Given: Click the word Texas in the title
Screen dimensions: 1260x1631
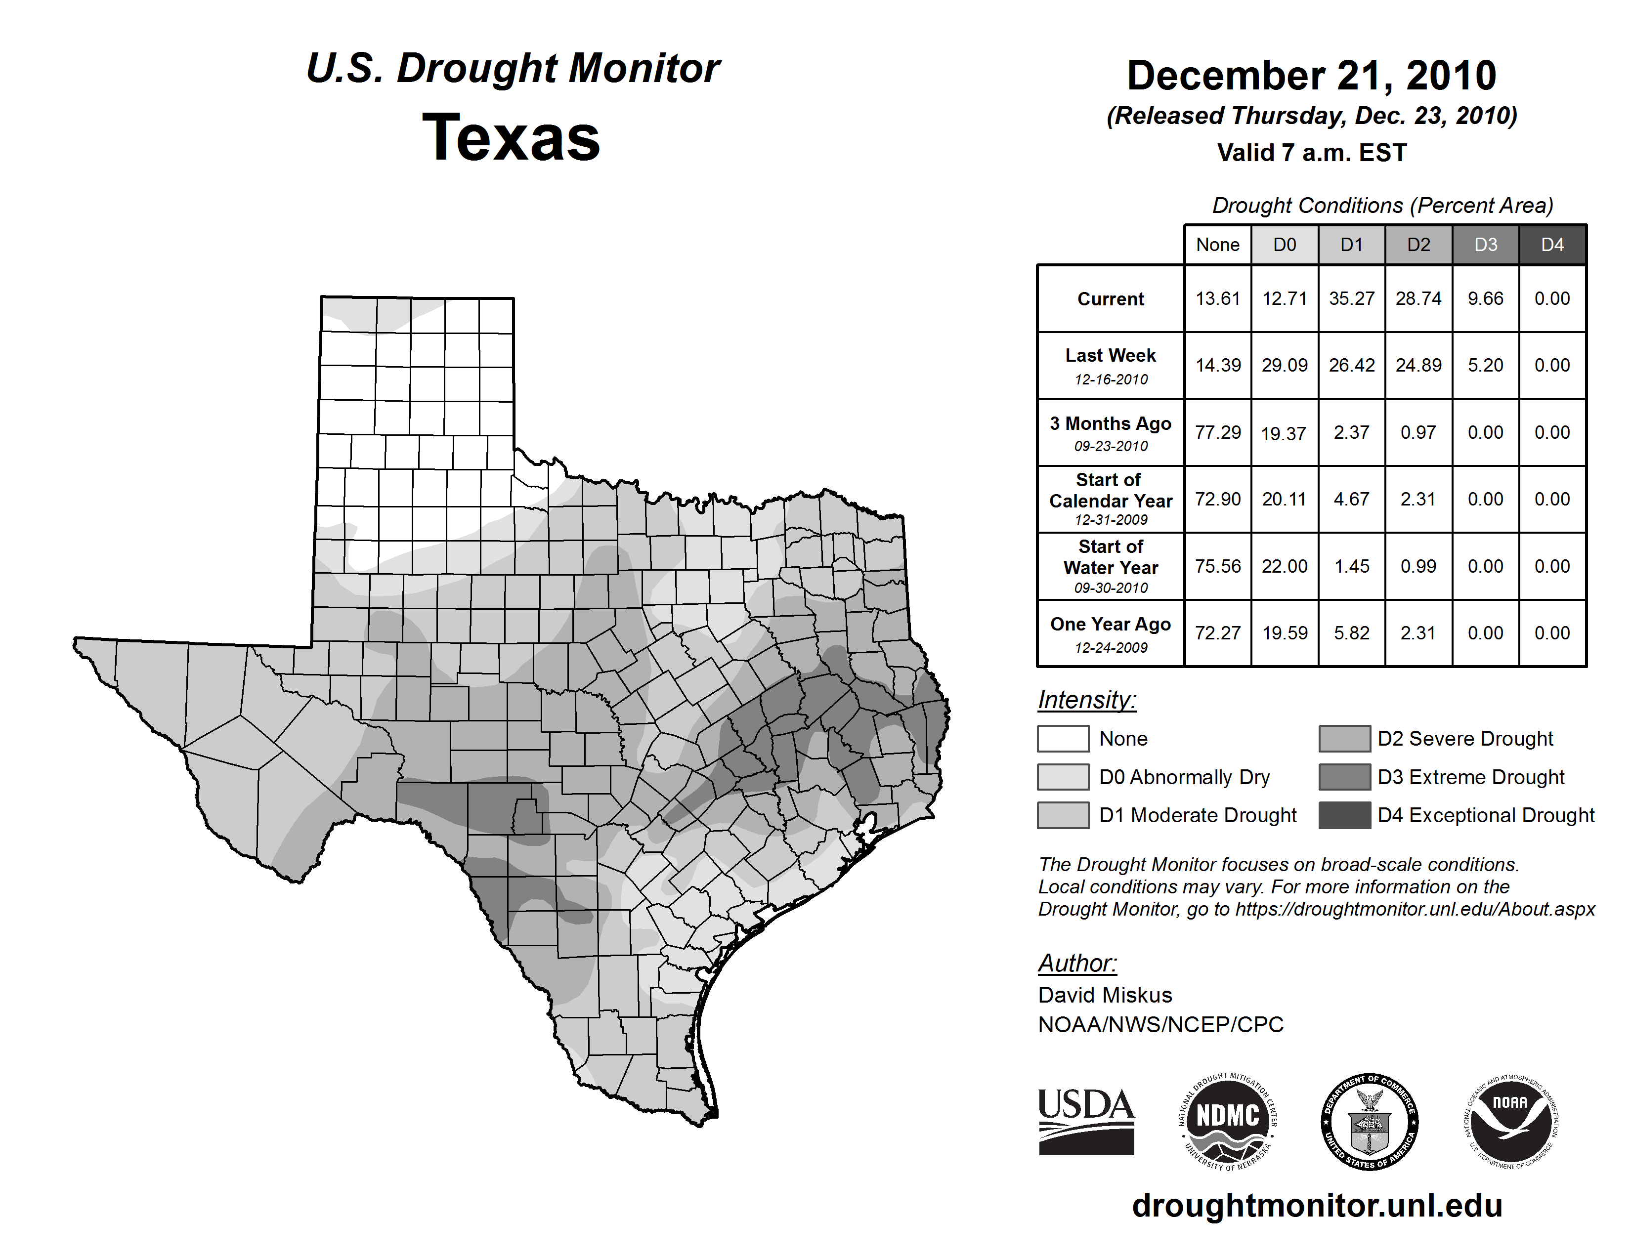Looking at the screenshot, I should pos(511,138).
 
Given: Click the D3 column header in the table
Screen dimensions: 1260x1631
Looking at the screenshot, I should pos(1485,245).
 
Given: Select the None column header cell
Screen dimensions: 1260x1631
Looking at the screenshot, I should pos(1217,245).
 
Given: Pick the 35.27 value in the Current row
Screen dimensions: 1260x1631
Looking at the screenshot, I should pos(1352,298).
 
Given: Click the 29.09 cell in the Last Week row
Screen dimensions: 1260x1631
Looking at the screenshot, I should pos(1285,365).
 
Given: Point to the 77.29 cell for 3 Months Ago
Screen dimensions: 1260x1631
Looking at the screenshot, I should pos(1217,432).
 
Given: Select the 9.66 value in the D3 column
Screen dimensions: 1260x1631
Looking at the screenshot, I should pos(1485,298).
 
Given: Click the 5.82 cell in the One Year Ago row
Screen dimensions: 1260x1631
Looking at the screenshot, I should pos(1352,633).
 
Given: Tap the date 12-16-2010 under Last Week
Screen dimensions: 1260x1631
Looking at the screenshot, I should pos(1111,379).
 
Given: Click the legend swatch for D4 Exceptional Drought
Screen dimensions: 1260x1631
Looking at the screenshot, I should pos(1344,815).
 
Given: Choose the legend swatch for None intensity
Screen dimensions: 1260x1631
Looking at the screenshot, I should pos(1063,738).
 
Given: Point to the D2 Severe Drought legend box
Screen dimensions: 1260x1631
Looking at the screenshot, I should pos(1344,738).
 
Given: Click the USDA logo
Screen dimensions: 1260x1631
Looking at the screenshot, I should pos(1086,1121).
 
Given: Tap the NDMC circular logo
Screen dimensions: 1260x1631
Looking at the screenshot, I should pos(1228,1121).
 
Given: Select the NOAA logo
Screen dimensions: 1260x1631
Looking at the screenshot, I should pos(1510,1121).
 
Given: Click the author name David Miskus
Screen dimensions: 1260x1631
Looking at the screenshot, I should pos(1105,995).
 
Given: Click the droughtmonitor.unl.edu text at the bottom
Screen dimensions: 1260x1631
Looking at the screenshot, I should pos(1317,1206).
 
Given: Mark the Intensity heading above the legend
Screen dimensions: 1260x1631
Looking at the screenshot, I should pos(1086,700).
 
